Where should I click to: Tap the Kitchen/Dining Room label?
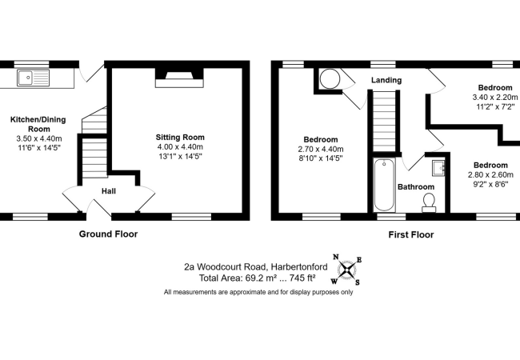pos(38,124)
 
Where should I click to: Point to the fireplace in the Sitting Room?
pos(179,78)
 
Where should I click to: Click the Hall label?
pos(110,191)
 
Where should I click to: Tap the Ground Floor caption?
pos(108,234)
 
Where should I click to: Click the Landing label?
pos(386,81)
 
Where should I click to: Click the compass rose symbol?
pos(349,270)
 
